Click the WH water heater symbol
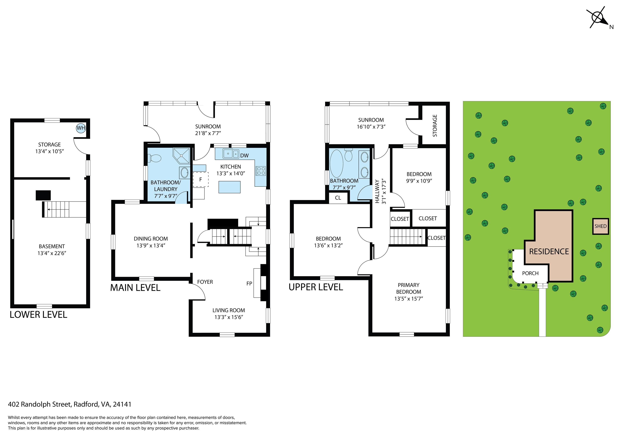tap(81, 128)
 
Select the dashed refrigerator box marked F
tap(201, 179)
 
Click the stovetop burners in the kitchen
tap(261, 171)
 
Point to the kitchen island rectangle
tap(229, 187)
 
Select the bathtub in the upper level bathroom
tap(336, 164)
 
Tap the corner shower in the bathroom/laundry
tap(181, 156)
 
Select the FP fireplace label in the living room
tap(249, 283)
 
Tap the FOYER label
tap(205, 282)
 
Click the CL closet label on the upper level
tap(338, 198)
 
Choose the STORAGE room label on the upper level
tap(435, 125)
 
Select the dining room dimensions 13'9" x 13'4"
tap(151, 245)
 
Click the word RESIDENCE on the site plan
tap(549, 252)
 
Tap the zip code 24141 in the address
tap(122, 404)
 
